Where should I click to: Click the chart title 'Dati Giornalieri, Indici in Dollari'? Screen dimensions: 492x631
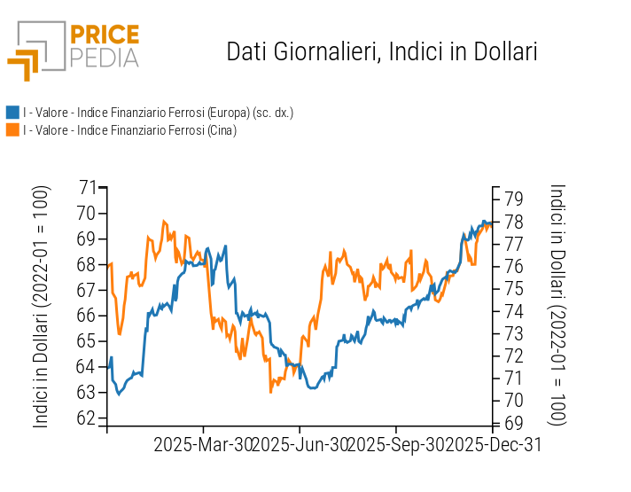point(382,51)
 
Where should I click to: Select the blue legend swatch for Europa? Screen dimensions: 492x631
point(12,113)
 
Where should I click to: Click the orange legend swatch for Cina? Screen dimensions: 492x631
point(12,130)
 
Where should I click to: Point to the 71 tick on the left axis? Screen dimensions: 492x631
point(87,187)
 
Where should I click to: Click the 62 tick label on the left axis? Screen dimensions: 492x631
point(87,418)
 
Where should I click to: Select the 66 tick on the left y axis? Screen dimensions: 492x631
point(87,316)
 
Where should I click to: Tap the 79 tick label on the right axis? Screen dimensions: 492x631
point(513,198)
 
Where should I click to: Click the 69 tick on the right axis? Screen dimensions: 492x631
point(513,422)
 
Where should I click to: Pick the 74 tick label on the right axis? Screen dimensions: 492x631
point(513,310)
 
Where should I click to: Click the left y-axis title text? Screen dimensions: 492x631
point(42,307)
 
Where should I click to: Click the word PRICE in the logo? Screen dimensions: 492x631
point(105,35)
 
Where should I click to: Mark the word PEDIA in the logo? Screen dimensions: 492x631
point(105,58)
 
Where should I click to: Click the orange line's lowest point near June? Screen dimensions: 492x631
point(270,391)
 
